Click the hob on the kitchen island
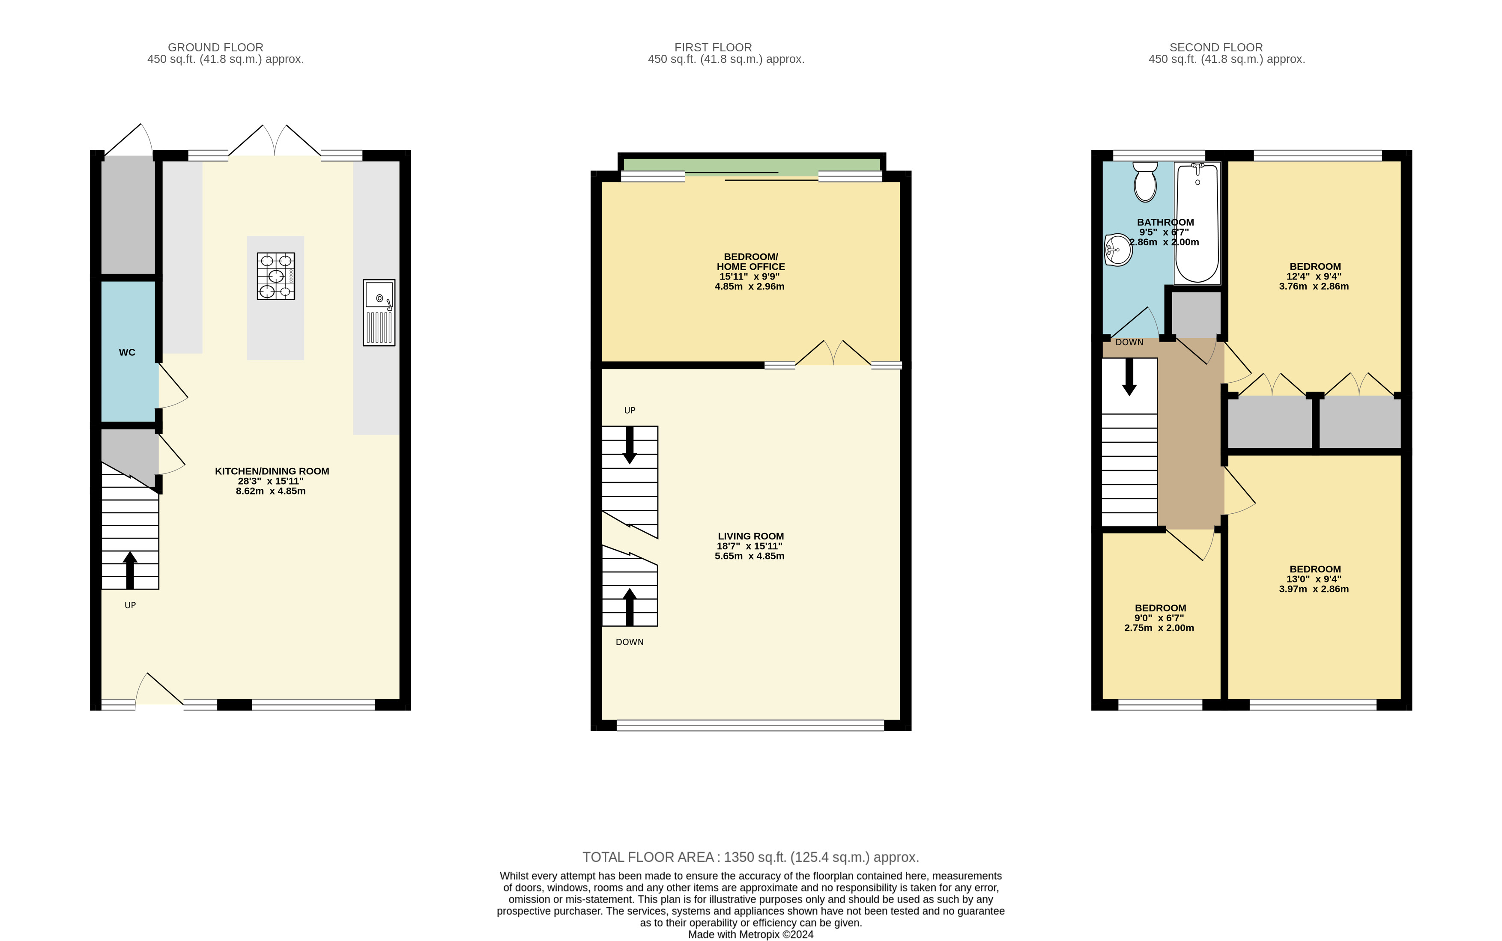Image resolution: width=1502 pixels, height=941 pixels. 276,276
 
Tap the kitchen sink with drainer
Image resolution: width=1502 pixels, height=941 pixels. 379,312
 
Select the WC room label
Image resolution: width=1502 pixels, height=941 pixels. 127,352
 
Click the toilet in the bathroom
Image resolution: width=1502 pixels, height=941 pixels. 1145,182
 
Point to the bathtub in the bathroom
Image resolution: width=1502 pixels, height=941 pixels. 1197,223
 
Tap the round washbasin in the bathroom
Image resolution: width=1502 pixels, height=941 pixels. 1118,250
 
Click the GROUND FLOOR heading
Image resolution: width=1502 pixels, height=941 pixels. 215,47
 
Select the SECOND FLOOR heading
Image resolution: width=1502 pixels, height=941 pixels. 1215,47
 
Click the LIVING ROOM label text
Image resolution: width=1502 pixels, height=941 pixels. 751,536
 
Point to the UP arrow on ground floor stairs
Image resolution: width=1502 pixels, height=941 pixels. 130,569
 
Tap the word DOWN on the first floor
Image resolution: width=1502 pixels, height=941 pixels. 629,642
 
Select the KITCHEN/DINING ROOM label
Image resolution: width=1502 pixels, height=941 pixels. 272,471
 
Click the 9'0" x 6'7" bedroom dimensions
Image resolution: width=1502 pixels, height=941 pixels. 1159,618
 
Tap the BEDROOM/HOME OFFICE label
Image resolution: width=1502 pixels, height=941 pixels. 751,262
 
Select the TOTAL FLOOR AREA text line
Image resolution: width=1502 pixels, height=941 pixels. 751,857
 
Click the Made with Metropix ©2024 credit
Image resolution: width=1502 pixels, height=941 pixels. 751,934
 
